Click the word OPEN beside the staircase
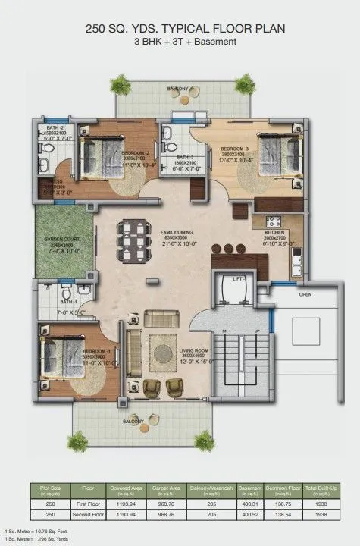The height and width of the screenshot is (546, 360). (305, 294)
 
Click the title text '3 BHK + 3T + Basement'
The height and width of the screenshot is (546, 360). (180, 42)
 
